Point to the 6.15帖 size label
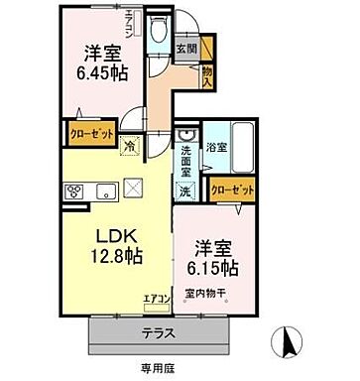213,268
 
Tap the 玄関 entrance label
185,47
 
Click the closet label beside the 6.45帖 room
92,130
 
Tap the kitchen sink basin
95,191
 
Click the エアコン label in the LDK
157,298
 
